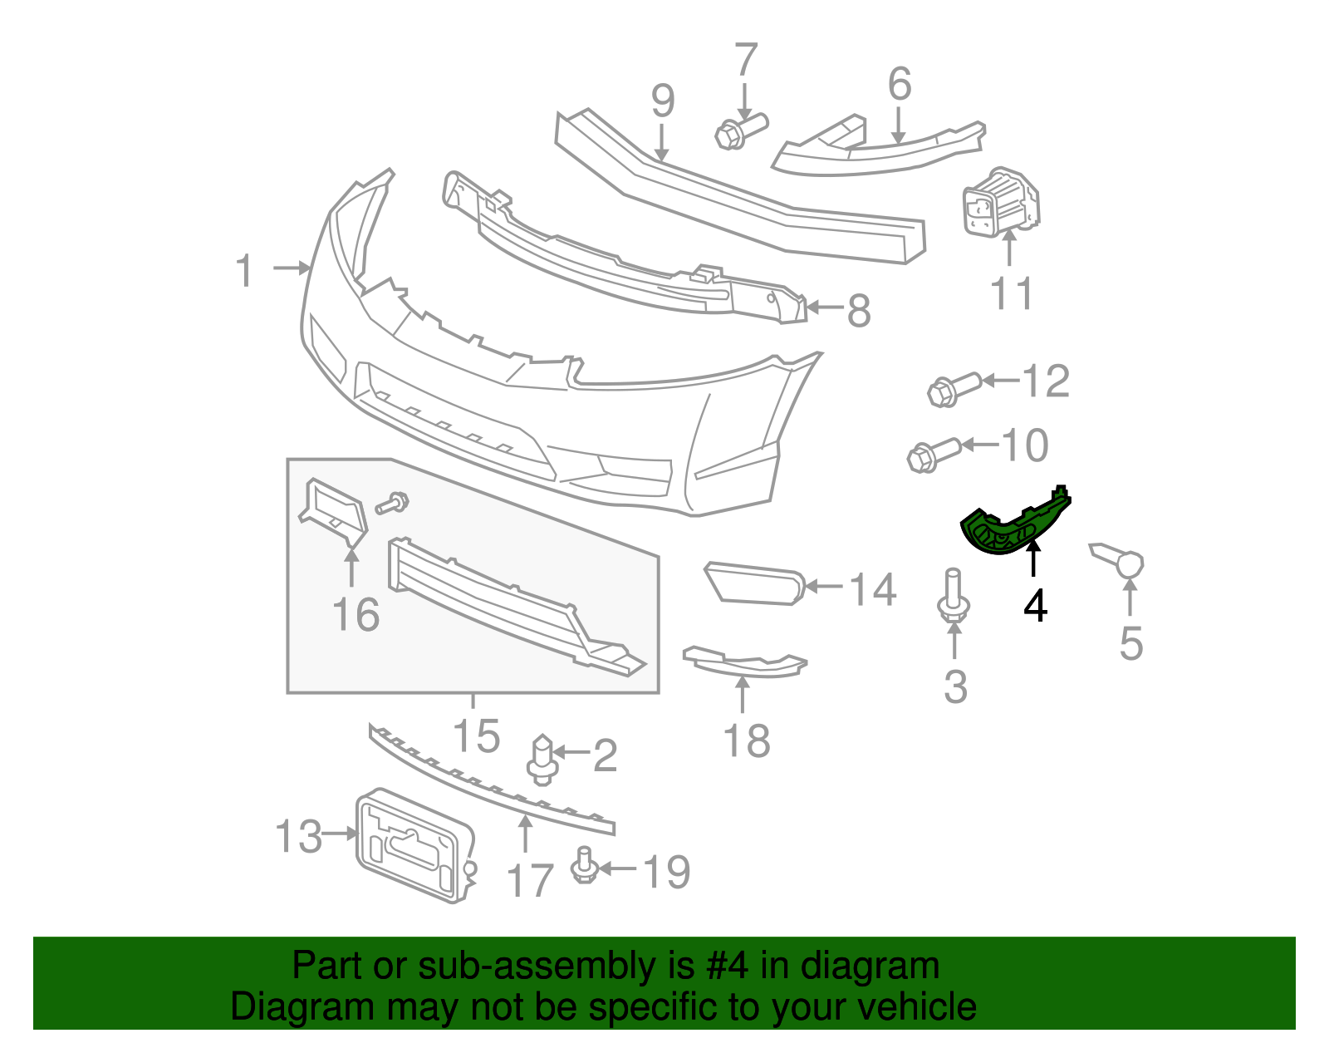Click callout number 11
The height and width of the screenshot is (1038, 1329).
[1012, 293]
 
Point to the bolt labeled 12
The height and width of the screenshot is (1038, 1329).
[952, 389]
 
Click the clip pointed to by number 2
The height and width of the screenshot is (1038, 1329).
[541, 759]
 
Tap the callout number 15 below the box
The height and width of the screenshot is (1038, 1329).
[476, 735]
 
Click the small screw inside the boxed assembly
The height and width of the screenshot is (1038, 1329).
[393, 502]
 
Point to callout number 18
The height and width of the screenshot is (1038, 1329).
[746, 740]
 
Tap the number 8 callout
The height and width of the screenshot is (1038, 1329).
[858, 311]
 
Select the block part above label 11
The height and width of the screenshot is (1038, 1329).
[999, 203]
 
